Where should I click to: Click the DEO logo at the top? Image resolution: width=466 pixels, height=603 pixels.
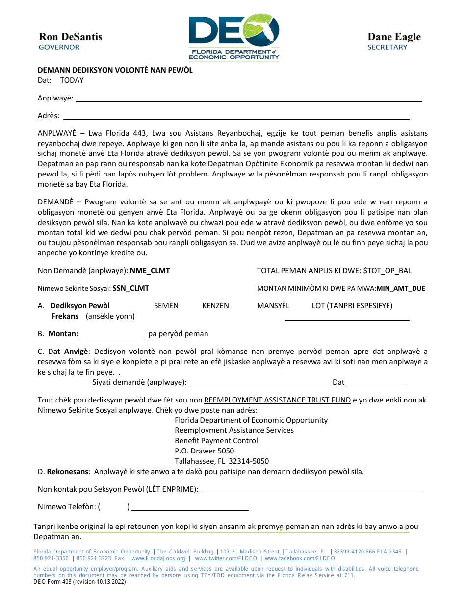(234, 37)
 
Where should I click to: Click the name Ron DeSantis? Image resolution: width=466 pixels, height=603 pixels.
(71, 37)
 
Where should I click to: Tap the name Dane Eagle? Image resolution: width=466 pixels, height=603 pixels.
(394, 37)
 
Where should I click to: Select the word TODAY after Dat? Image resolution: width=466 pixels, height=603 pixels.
(72, 80)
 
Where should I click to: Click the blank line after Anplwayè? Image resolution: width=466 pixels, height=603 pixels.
(248, 99)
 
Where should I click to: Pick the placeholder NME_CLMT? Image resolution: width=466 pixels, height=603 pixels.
(150, 271)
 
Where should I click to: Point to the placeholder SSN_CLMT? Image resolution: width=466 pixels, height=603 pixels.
(130, 288)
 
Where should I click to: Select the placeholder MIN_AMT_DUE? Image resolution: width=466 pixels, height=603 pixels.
(400, 288)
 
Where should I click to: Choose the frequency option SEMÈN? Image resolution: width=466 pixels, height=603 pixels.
(166, 306)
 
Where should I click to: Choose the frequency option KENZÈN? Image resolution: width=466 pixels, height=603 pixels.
(215, 306)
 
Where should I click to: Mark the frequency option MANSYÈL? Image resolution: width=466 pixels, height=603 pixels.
(273, 306)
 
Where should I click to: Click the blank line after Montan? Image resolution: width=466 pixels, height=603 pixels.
(113, 335)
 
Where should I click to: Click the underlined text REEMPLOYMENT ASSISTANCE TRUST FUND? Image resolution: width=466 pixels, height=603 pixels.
(277, 400)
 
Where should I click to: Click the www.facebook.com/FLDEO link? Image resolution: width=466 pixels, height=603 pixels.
(300, 558)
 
